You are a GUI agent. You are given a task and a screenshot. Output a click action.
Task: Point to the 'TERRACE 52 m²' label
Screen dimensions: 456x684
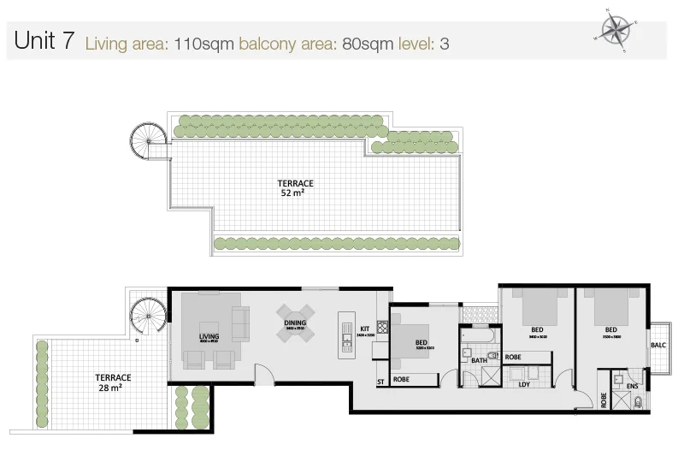click(294, 188)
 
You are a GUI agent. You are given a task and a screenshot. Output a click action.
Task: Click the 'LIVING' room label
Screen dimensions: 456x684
click(209, 337)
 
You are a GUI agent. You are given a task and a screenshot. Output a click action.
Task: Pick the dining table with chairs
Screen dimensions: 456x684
click(296, 325)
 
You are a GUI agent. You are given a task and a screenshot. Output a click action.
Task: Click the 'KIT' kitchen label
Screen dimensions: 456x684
click(363, 328)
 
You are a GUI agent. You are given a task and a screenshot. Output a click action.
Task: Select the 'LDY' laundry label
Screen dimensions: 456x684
click(524, 384)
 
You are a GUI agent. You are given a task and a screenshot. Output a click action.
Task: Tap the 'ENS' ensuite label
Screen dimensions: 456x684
click(634, 386)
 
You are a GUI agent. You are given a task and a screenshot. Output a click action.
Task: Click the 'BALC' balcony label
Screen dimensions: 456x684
click(657, 346)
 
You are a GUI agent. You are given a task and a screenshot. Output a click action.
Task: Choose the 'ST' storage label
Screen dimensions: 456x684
click(380, 382)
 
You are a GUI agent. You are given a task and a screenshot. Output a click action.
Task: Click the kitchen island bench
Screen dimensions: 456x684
click(345, 332)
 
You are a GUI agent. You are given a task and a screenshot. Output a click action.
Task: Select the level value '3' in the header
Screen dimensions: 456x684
click(444, 44)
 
